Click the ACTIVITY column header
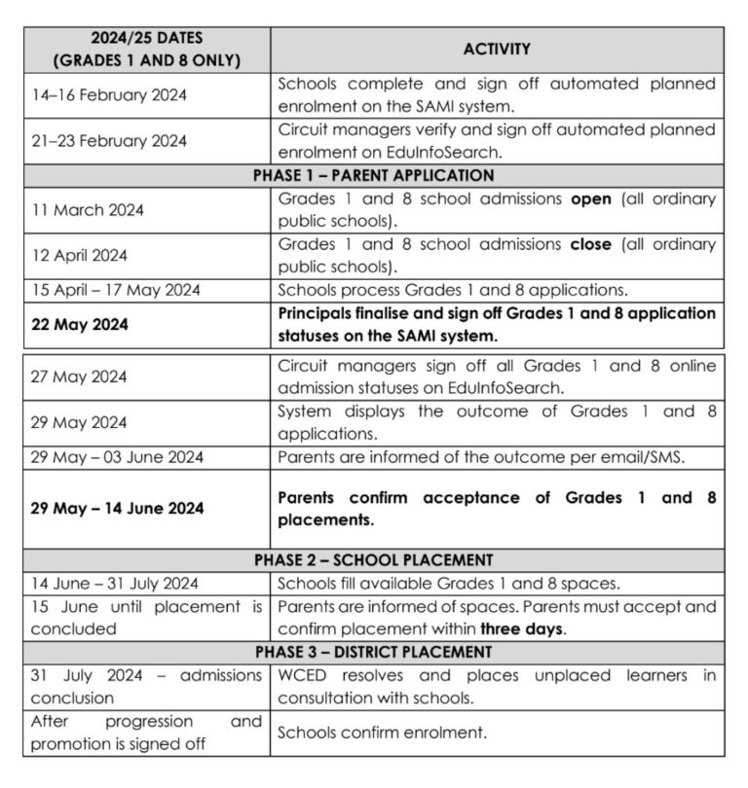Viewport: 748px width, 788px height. point(497,49)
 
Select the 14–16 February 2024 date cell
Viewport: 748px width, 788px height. point(109,95)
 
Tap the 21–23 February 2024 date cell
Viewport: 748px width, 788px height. point(109,141)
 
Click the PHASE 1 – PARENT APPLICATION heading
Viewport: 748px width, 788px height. point(373,176)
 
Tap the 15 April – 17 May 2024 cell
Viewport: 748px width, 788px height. point(115,290)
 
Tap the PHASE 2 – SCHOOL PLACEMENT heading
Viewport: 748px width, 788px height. point(373,560)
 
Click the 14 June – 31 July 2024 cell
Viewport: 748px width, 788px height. point(114,584)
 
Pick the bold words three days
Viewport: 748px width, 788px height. point(521,628)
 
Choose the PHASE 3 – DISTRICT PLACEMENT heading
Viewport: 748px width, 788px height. point(373,652)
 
